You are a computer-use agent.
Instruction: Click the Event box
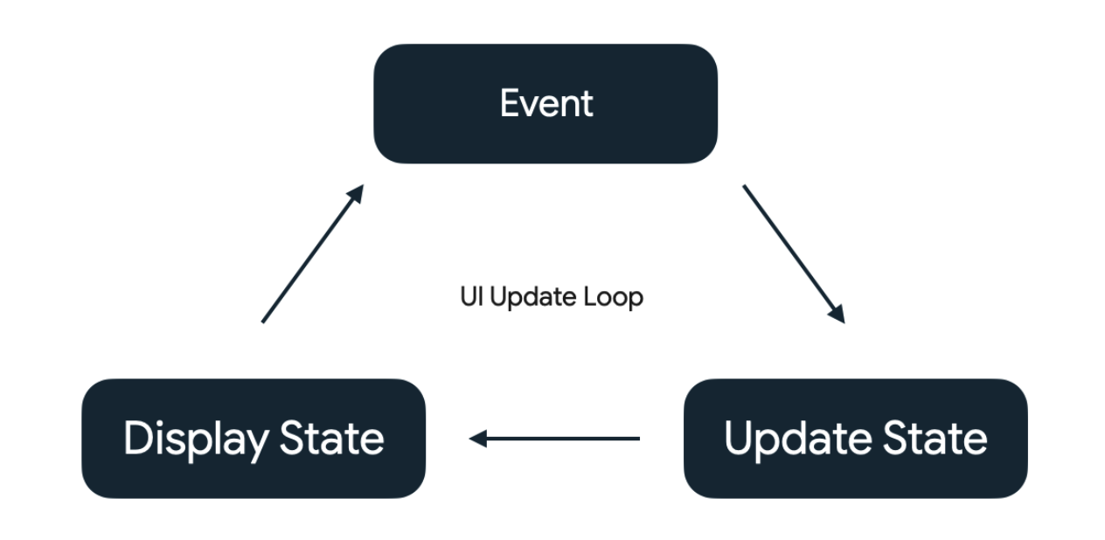546,104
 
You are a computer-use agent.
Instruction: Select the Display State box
254,439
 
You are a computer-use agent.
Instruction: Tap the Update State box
856,439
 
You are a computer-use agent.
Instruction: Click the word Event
546,103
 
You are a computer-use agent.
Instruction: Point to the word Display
196,440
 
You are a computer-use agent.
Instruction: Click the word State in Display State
331,438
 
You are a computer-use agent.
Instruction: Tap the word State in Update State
935,438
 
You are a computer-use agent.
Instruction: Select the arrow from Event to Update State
794,254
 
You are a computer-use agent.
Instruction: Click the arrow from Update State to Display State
554,439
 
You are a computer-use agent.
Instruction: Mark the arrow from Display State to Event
313,254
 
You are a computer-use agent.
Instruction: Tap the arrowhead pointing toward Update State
838,315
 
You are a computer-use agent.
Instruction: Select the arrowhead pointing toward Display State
477,439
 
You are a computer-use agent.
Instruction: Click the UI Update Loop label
552,297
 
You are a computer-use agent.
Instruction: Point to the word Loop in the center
613,297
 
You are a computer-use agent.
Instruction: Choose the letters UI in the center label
471,296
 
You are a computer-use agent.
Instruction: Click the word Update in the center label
532,297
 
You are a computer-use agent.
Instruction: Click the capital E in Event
510,103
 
